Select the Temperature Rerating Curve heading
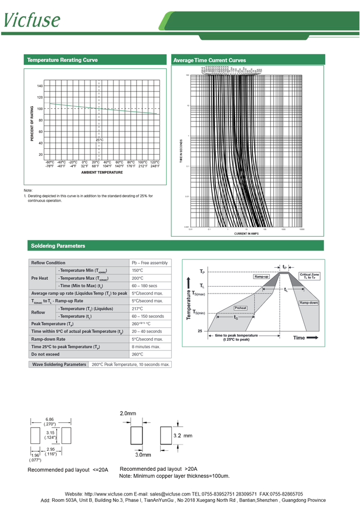[62, 60]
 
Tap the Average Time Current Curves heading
[209, 60]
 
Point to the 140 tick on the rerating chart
[40, 86]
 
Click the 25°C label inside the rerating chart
[99, 140]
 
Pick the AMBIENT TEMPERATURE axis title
[102, 173]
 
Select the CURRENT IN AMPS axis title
[246, 234]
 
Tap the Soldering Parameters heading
[58, 246]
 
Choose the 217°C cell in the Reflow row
[138, 309]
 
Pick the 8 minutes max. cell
[146, 347]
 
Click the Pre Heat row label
[40, 278]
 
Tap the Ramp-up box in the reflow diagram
[261, 276]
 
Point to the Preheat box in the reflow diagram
[241, 308]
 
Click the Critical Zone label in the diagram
[309, 276]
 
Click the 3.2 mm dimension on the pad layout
[182, 436]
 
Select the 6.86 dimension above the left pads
[50, 419]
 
